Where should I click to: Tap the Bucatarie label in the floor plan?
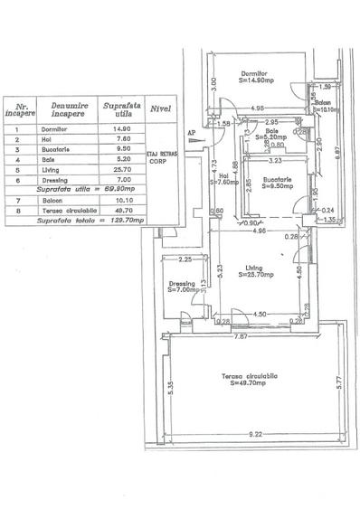(275, 182)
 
